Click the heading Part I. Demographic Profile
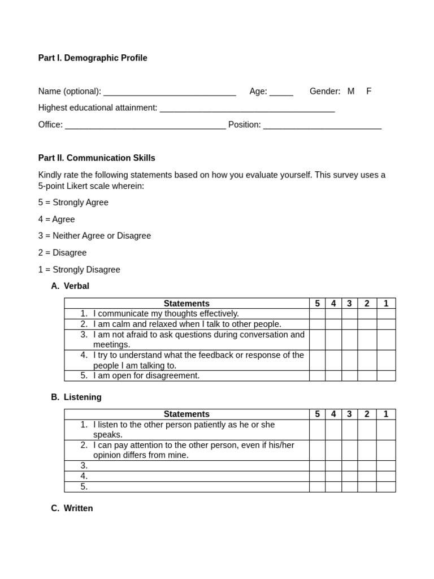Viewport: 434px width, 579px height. pyautogui.click(x=93, y=58)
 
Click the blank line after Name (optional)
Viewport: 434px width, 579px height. pyautogui.click(x=170, y=92)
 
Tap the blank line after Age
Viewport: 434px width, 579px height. pyautogui.click(x=281, y=92)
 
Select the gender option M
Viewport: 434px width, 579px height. pyautogui.click(x=351, y=91)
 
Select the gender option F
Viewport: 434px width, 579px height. pyautogui.click(x=369, y=91)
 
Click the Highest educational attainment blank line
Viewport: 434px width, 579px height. pyautogui.click(x=247, y=109)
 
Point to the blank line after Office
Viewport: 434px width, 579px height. pyautogui.click(x=145, y=126)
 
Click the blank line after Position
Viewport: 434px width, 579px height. pyautogui.click(x=322, y=126)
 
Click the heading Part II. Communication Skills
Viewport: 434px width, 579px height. pyautogui.click(x=97, y=158)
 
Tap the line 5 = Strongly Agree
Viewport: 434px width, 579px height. pyautogui.click(x=73, y=202)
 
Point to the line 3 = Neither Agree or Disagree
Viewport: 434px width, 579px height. pyautogui.click(x=94, y=236)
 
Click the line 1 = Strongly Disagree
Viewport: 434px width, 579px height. pyautogui.click(x=79, y=270)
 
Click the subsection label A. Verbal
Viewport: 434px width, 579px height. pyautogui.click(x=70, y=286)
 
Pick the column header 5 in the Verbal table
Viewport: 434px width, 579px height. pyautogui.click(x=317, y=304)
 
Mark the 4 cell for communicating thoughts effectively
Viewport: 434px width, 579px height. pyautogui.click(x=333, y=314)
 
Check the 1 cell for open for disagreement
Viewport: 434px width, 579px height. pyautogui.click(x=386, y=375)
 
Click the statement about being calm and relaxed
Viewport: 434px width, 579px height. pyautogui.click(x=186, y=324)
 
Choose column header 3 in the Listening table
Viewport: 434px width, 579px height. pyautogui.click(x=349, y=414)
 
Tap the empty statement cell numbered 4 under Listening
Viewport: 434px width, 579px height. pyautogui.click(x=186, y=476)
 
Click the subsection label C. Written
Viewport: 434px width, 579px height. pyautogui.click(x=72, y=508)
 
